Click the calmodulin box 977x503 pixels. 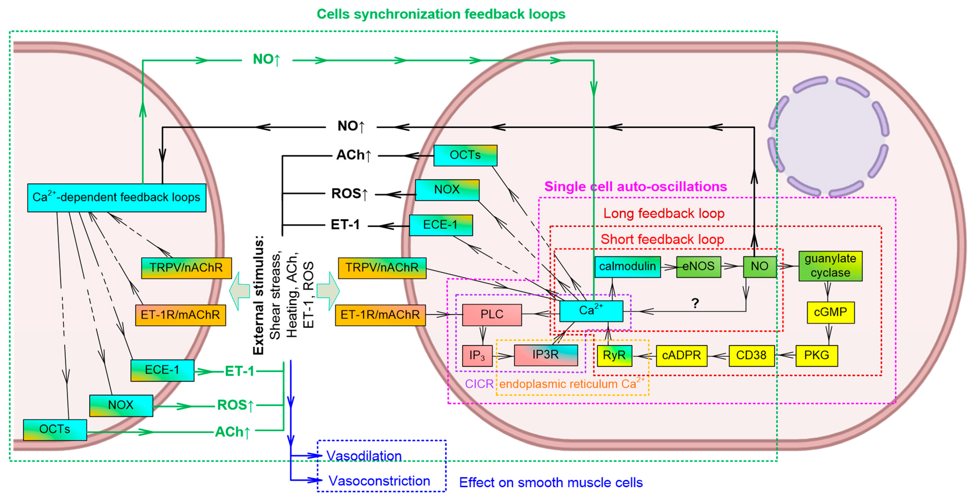pyautogui.click(x=627, y=267)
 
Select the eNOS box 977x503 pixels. pyautogui.click(x=698, y=267)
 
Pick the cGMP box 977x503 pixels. pyautogui.click(x=830, y=312)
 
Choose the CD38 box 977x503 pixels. pyautogui.click(x=751, y=355)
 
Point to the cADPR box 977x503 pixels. pyautogui.click(x=681, y=355)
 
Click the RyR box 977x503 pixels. pyautogui.click(x=614, y=355)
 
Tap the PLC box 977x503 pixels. pyautogui.click(x=491, y=315)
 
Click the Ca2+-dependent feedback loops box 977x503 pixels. pyautogui.click(x=117, y=198)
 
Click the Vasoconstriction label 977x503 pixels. pyautogui.click(x=379, y=481)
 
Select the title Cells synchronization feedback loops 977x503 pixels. pyautogui.click(x=441, y=14)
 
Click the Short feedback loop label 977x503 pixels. pyautogui.click(x=662, y=239)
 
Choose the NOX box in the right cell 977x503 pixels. pyautogui.click(x=447, y=190)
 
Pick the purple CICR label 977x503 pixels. pyautogui.click(x=479, y=384)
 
